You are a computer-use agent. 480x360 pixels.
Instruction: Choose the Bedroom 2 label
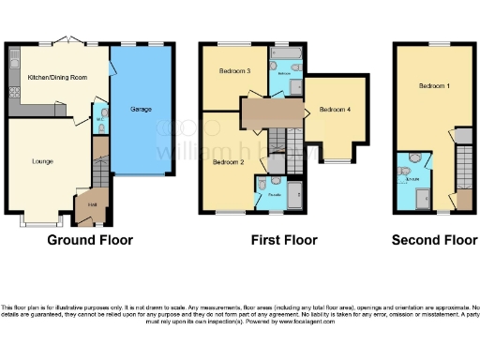click(228, 162)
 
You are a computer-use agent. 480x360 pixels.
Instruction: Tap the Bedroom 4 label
click(335, 109)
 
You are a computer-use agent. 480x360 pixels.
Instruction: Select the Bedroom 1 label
click(434, 86)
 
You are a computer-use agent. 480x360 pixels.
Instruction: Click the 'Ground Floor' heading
click(90, 240)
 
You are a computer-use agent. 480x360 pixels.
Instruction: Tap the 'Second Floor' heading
click(434, 240)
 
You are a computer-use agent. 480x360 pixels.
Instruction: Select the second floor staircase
click(461, 169)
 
